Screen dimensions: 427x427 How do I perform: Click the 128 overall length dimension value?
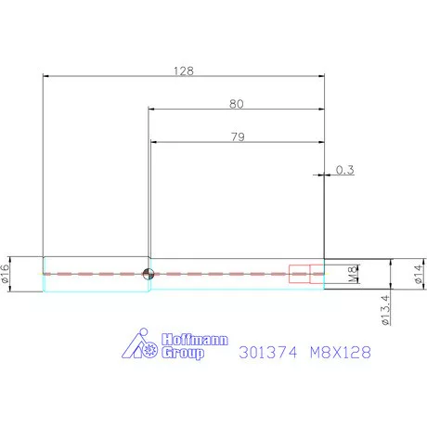click(x=183, y=71)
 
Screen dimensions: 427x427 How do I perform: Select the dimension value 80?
click(x=236, y=103)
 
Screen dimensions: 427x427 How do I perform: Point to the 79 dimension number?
click(x=236, y=137)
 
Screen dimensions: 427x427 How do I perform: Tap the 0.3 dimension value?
click(x=345, y=170)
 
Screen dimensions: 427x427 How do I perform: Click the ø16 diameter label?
click(x=6, y=273)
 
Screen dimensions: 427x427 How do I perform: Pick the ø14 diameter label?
click(x=418, y=274)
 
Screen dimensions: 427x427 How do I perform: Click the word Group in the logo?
click(x=183, y=354)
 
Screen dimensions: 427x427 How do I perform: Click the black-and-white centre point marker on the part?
click(x=148, y=273)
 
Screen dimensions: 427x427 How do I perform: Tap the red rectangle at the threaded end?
click(x=300, y=273)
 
